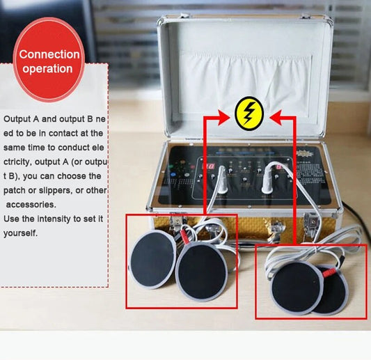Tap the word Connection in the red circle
tap(49, 54)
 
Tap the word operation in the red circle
tap(47, 69)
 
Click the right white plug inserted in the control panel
tap(269, 170)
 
